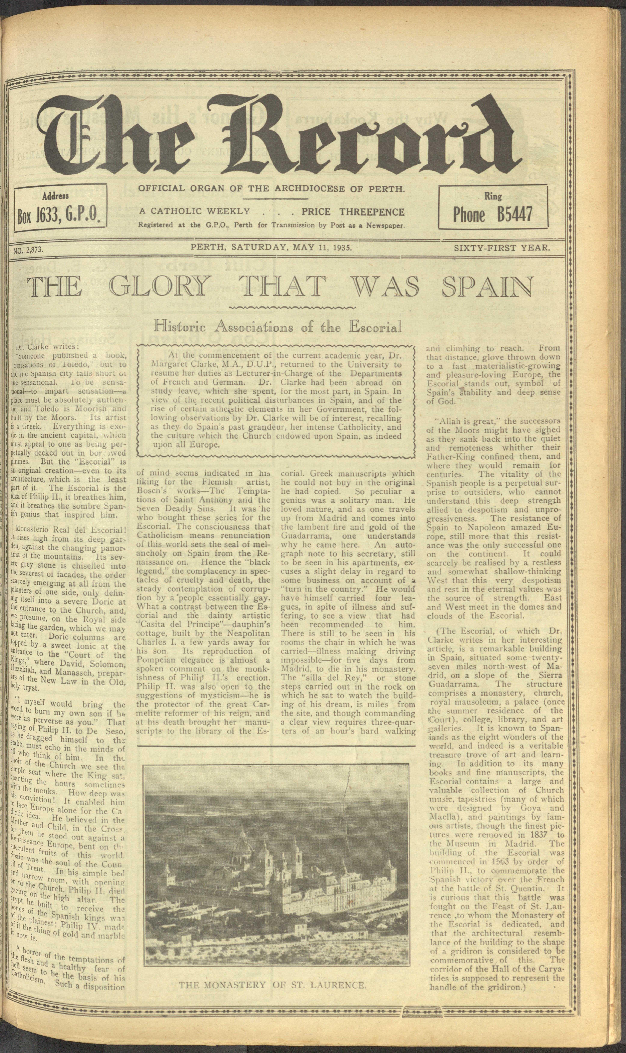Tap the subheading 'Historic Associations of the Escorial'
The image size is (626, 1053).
(x=277, y=326)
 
